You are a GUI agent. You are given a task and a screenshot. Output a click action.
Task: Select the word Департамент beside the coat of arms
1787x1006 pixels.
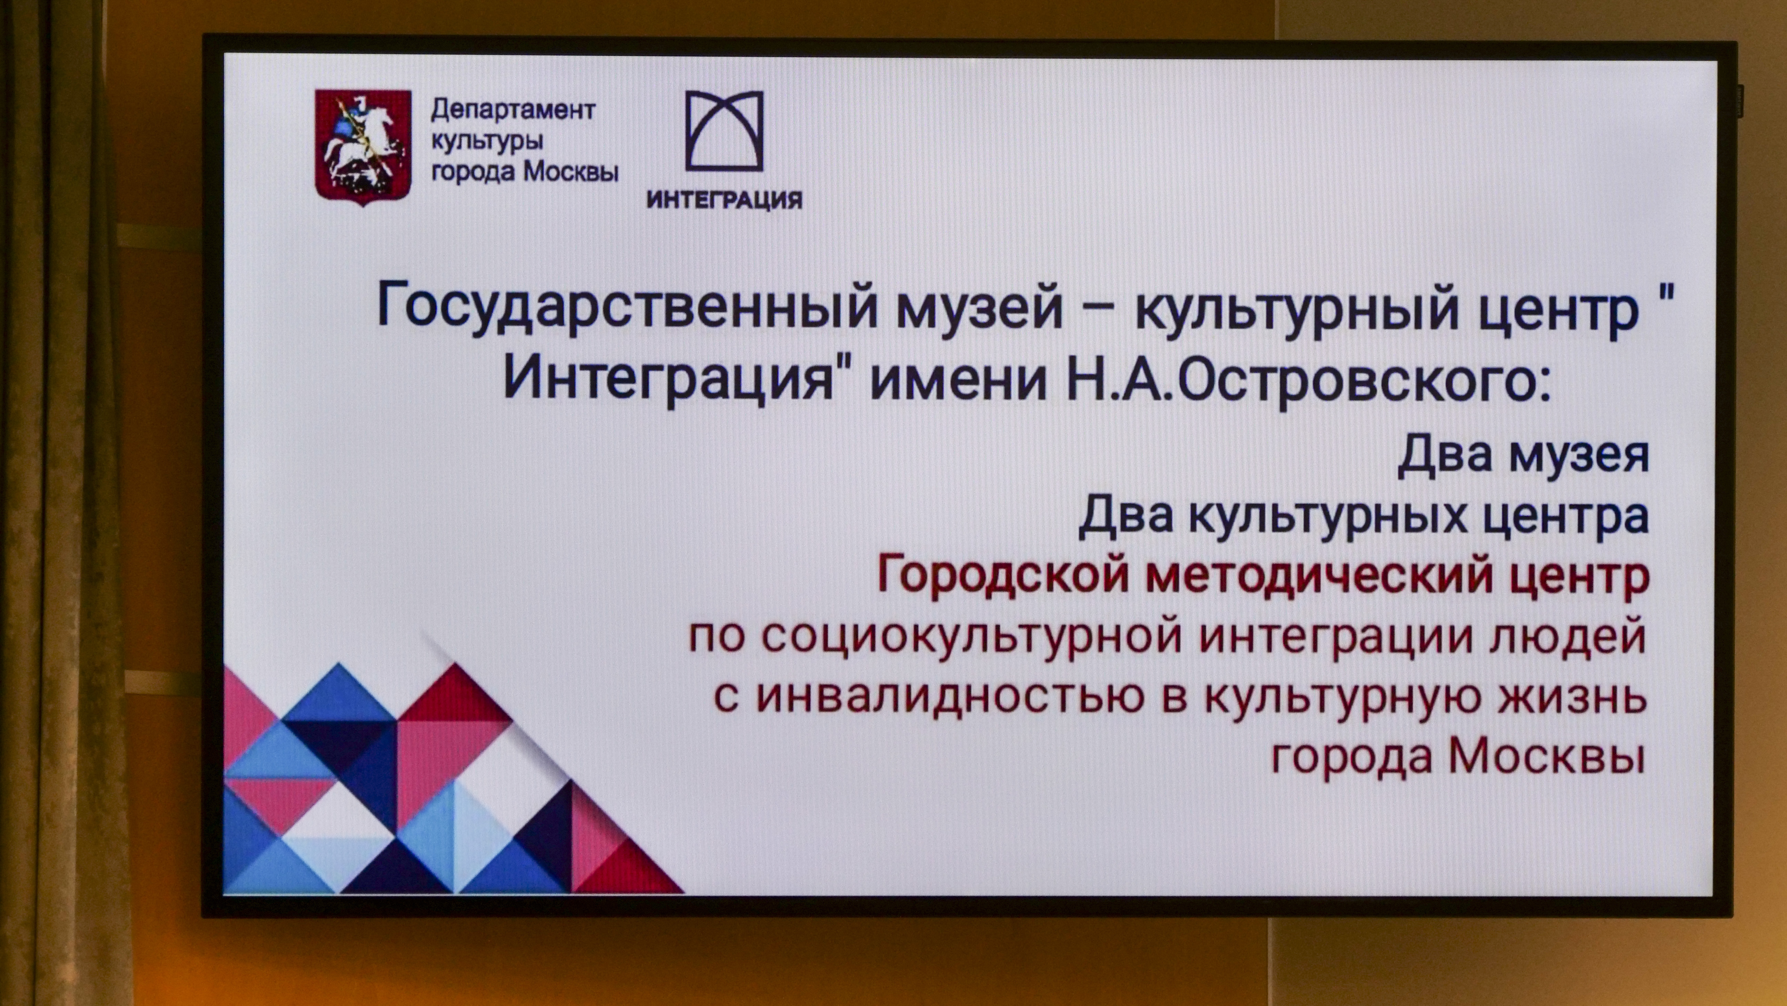[x=513, y=110]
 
